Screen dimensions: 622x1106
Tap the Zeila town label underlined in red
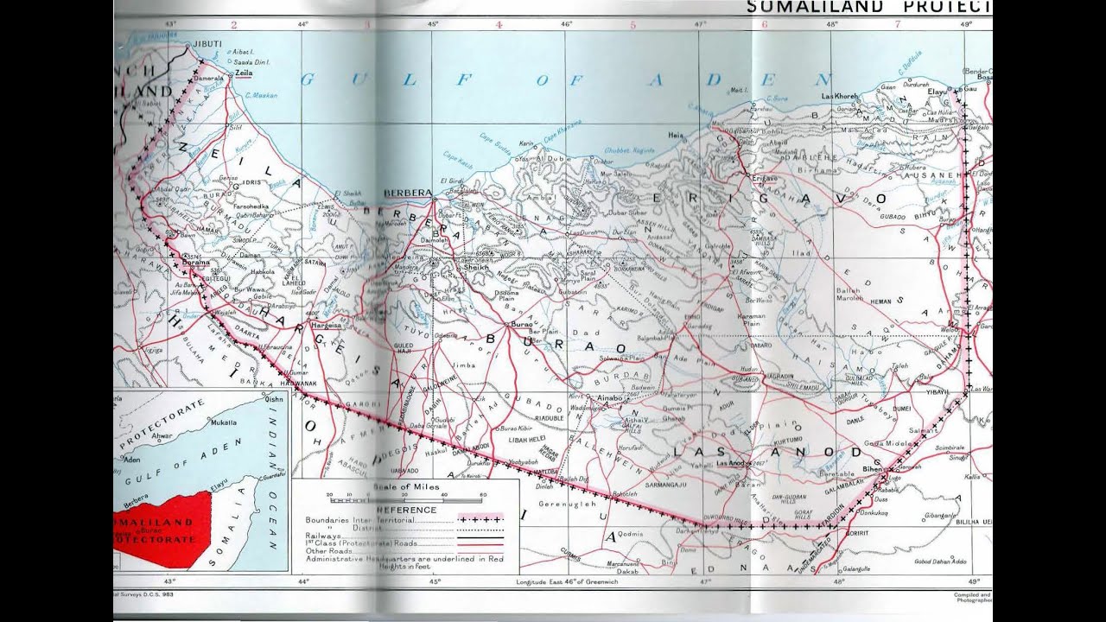244,75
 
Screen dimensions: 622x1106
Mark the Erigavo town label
760,178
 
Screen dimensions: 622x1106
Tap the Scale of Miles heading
406,487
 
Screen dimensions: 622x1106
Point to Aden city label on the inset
132,460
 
